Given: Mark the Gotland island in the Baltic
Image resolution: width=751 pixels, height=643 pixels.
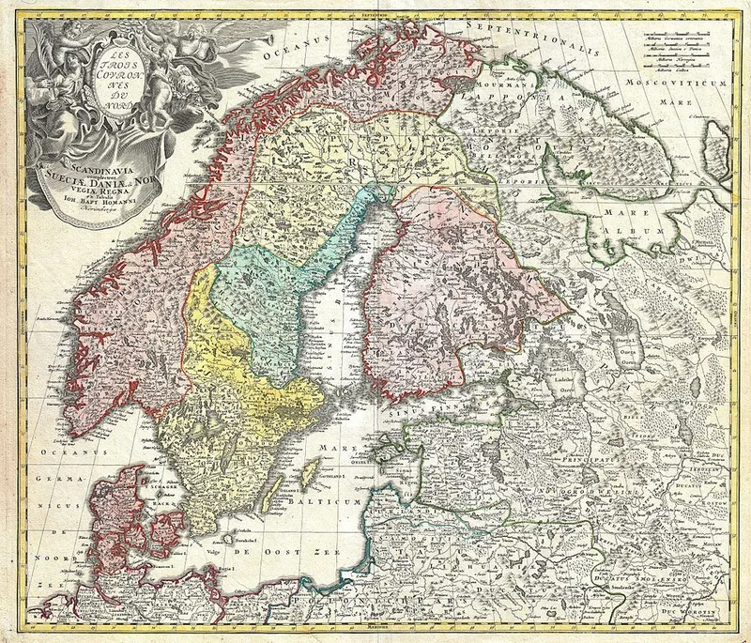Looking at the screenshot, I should point(310,468).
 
